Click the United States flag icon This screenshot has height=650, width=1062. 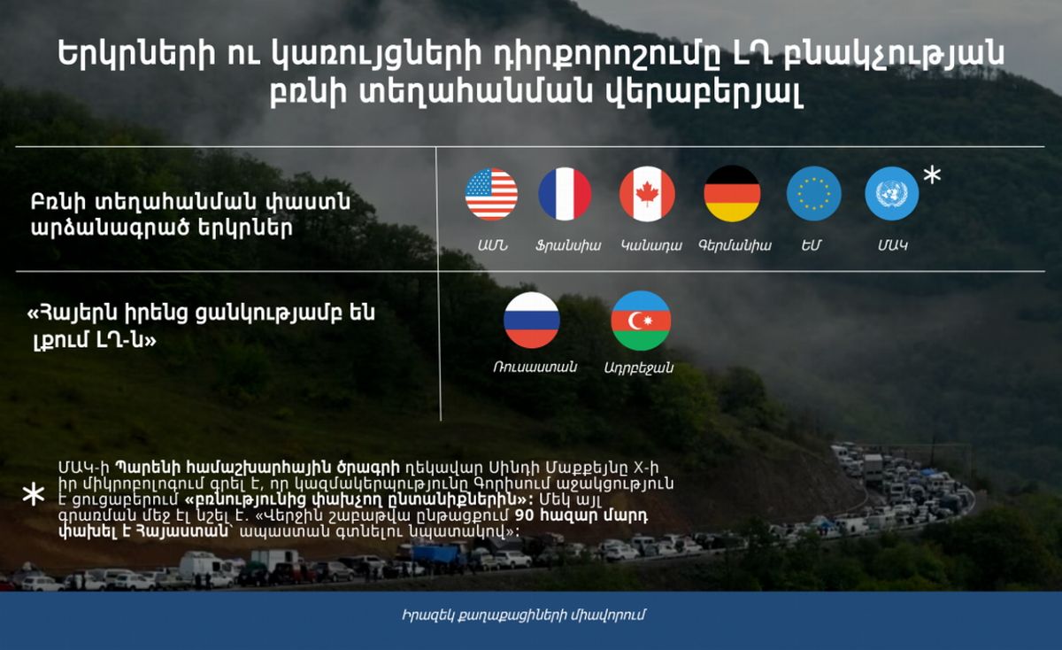point(491,194)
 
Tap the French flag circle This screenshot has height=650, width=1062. point(565,194)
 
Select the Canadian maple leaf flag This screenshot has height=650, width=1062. point(647,194)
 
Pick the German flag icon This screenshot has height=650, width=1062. point(732,194)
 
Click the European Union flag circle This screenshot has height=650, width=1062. point(813,194)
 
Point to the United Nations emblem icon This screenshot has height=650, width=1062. point(891,194)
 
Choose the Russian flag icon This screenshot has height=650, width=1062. point(531,320)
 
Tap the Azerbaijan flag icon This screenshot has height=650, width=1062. point(641,320)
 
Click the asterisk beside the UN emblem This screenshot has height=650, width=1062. point(932,175)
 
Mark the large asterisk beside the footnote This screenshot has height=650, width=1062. point(33,495)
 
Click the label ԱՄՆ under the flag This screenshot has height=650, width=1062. point(491,245)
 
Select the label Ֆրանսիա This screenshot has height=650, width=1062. point(567,245)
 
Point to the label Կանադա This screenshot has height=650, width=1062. point(650,245)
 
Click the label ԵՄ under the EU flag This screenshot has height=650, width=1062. point(812,245)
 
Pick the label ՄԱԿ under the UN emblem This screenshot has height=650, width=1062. point(892,245)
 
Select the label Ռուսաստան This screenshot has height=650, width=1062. point(535,367)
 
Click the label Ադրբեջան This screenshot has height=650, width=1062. point(638,368)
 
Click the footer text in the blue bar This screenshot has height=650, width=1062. point(529,615)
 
